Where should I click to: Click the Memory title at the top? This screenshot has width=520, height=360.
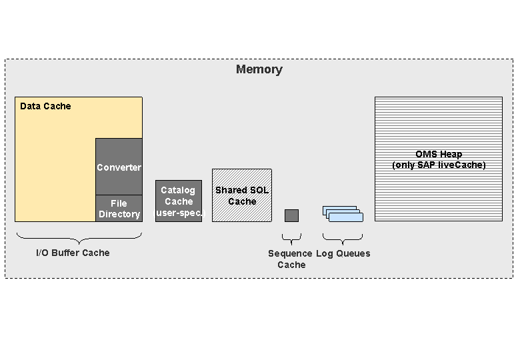click(259, 69)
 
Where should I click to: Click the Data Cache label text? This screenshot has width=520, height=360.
click(45, 106)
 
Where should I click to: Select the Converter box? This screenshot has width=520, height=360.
click(119, 167)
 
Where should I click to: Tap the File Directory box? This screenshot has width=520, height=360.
click(119, 209)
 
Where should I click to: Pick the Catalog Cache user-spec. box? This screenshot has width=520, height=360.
click(179, 201)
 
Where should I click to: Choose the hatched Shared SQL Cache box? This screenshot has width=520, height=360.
click(241, 195)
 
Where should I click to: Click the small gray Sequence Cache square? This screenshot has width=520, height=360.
click(291, 215)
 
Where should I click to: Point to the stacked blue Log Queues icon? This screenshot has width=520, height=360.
click(343, 213)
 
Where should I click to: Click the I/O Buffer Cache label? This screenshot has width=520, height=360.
click(73, 253)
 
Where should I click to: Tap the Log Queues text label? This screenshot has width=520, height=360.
click(343, 253)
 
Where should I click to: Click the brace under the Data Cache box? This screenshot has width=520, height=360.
click(79, 237)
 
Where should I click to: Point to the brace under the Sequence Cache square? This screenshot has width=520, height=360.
click(291, 237)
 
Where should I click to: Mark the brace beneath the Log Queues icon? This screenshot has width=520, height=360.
click(343, 237)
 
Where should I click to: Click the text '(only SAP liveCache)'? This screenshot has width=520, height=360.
click(438, 165)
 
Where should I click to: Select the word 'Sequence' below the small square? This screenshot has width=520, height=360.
click(290, 253)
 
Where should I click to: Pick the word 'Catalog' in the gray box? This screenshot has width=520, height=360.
click(178, 190)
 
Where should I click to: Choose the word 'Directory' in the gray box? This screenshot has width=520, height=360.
click(119, 214)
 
